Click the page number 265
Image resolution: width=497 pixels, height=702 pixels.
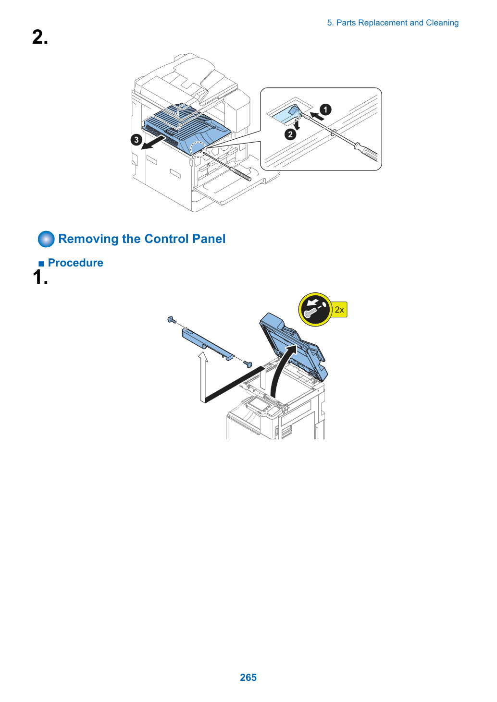(248, 677)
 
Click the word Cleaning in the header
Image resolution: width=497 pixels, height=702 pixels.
(442, 23)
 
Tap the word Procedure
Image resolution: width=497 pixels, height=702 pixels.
(75, 263)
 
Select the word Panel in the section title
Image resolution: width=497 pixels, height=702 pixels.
(209, 239)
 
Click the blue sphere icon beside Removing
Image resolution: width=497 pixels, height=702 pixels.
(46, 239)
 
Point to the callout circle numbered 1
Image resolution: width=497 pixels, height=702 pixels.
(326, 109)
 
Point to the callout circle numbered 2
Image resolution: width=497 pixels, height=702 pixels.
(290, 135)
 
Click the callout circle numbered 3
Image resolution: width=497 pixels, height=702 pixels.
(136, 140)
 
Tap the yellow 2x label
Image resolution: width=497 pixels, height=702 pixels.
(339, 310)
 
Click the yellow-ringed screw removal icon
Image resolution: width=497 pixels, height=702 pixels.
(315, 310)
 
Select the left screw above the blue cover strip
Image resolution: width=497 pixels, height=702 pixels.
(172, 320)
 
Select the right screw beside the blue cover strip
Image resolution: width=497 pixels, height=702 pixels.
(248, 363)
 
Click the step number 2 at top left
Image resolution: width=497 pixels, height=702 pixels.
(40, 37)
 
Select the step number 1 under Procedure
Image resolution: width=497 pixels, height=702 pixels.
(40, 277)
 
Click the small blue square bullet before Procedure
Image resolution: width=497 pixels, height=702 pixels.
(41, 264)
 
